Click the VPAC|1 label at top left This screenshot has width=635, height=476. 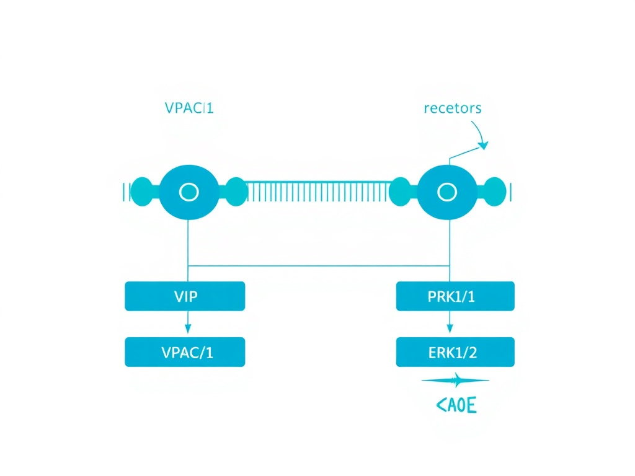click(x=189, y=107)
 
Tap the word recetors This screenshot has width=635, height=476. click(x=453, y=108)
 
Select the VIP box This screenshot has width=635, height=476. click(x=185, y=296)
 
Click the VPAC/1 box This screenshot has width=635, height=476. click(x=185, y=353)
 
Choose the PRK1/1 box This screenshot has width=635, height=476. click(x=455, y=296)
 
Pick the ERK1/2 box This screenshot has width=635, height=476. click(x=455, y=353)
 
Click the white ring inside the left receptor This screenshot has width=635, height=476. click(x=188, y=192)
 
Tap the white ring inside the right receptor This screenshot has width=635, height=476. click(x=446, y=193)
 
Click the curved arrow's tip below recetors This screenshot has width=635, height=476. click(x=483, y=146)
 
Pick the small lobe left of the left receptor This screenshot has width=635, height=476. click(x=143, y=191)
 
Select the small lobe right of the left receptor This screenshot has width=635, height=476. click(x=235, y=192)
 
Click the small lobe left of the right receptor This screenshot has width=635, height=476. click(x=401, y=192)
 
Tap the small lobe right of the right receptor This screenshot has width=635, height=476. click(x=494, y=191)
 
